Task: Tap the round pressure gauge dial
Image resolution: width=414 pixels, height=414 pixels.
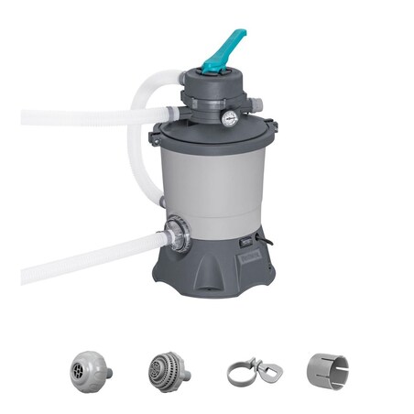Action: pos(230,117)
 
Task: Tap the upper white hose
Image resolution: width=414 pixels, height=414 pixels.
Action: pos(73,117)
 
